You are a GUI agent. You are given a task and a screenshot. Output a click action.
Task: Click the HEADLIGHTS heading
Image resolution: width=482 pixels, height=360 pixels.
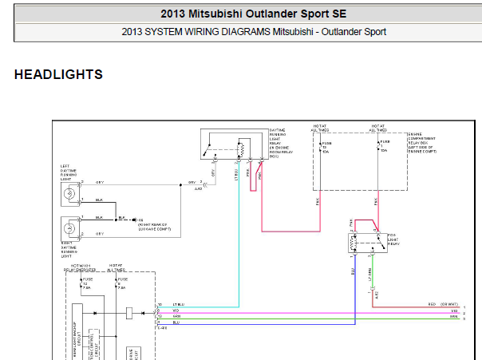[x=58, y=75]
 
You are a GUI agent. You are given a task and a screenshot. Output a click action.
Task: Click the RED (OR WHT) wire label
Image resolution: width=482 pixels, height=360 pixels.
[x=444, y=304]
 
